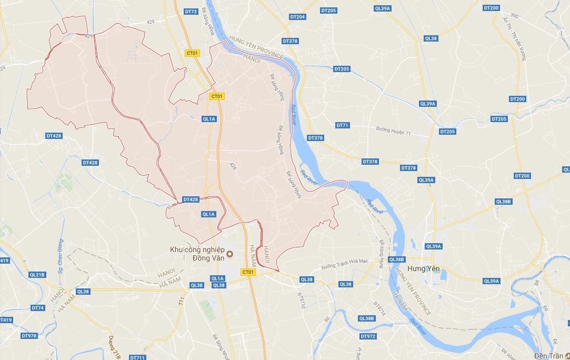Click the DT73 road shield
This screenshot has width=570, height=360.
[191, 12]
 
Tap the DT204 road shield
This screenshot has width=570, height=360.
[297, 17]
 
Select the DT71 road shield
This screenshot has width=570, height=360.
[343, 125]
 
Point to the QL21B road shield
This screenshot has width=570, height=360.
[38, 274]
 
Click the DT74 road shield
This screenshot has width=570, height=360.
[38, 308]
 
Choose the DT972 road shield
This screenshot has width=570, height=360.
[368, 336]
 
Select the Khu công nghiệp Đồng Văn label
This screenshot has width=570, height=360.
[197, 254]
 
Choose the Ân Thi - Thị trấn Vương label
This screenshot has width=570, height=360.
[515, 39]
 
